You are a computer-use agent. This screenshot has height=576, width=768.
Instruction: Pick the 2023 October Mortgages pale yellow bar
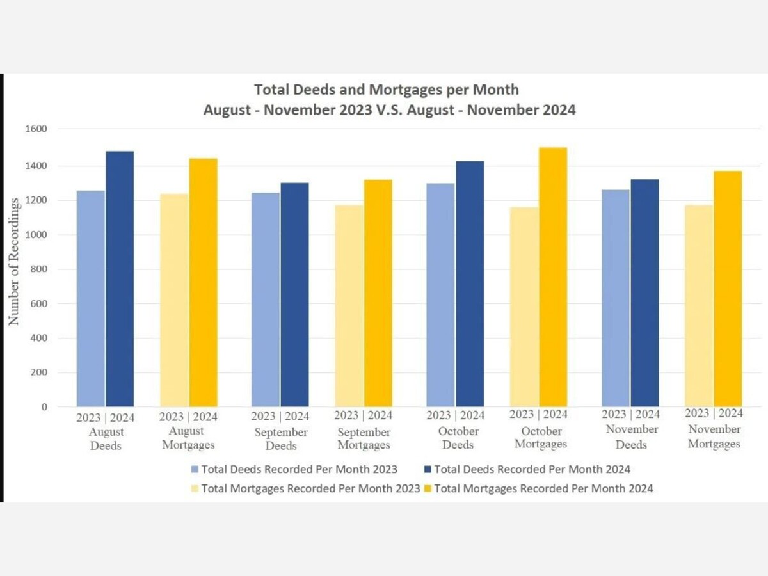click(524, 307)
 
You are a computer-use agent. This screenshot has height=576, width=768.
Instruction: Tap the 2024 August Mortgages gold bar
click(203, 282)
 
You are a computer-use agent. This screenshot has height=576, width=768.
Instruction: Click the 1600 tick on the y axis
click(36, 129)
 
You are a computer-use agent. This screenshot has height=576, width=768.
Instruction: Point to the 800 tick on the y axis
click(40, 269)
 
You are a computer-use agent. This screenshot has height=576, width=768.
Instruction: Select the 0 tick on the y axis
click(44, 407)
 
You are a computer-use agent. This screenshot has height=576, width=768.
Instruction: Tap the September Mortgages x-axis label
click(364, 438)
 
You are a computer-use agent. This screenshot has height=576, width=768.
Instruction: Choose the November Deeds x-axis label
click(632, 436)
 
